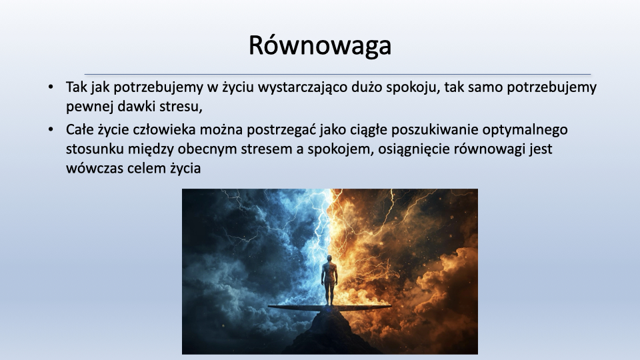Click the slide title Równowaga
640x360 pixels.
pos(320,45)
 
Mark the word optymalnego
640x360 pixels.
pos(525,130)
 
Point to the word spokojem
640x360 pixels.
pos(341,149)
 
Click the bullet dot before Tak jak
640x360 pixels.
pos(51,87)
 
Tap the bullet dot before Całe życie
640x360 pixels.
pos(51,130)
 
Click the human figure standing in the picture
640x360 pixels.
pos(329,280)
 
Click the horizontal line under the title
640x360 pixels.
pos(337,74)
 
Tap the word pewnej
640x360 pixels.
pos(90,107)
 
